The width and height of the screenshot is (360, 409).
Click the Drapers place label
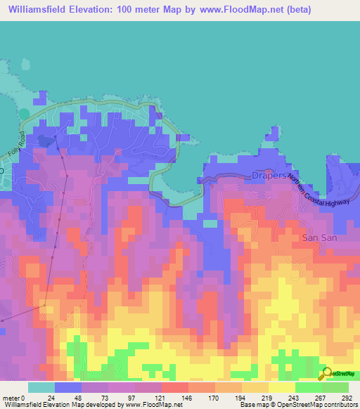(x=269, y=175)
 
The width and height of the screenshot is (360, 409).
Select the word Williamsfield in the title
(x=43, y=11)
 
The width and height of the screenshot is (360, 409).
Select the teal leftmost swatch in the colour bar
(x=41, y=387)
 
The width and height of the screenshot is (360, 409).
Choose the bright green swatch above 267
(x=309, y=387)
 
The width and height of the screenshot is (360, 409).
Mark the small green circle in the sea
(x=25, y=113)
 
